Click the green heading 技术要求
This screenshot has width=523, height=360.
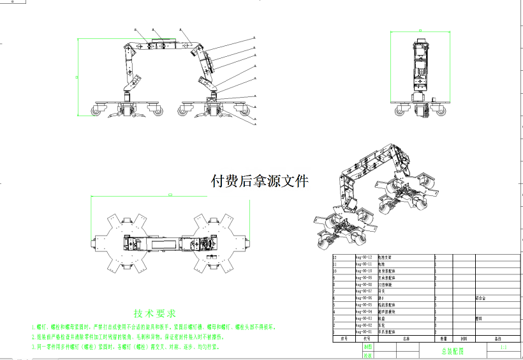coord(154,313)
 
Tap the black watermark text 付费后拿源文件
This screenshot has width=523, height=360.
coord(260,181)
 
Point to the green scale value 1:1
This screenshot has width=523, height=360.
coord(503,348)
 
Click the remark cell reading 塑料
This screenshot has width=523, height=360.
coord(479,318)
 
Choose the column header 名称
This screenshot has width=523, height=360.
coord(407,339)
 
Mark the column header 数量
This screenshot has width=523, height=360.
coord(443,339)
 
